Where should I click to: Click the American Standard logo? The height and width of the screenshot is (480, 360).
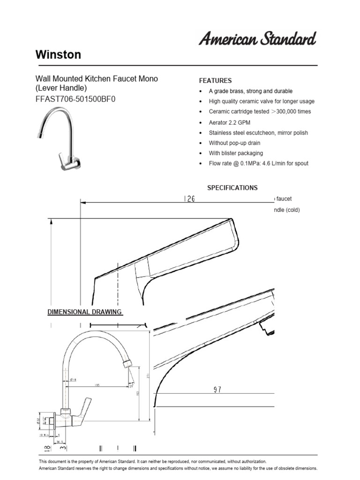pyautogui.click(x=257, y=39)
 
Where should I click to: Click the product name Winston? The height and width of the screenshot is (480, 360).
pyautogui.click(x=58, y=55)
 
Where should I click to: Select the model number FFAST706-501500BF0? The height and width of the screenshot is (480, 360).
pyautogui.click(x=75, y=99)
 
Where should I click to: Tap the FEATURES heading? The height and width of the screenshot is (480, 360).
pyautogui.click(x=216, y=81)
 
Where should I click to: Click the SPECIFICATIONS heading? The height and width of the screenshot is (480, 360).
pyautogui.click(x=232, y=187)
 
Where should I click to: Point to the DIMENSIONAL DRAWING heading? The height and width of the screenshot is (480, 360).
pyautogui.click(x=85, y=312)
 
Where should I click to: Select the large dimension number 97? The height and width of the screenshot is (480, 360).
pyautogui.click(x=217, y=390)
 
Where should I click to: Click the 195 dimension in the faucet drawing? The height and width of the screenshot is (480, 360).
pyautogui.click(x=97, y=385)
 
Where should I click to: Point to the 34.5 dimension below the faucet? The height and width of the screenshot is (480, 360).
pyautogui.click(x=60, y=441)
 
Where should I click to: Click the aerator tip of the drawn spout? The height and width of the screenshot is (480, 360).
pyautogui.click(x=127, y=364)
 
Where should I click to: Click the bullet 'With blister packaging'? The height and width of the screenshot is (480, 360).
pyautogui.click(x=236, y=153)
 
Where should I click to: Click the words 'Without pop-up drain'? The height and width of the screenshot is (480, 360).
pyautogui.click(x=234, y=143)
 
